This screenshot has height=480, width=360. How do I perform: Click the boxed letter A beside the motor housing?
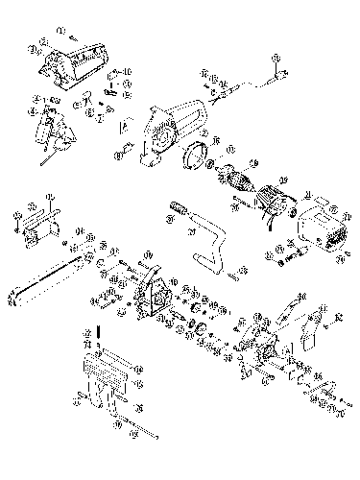point(124,125)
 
